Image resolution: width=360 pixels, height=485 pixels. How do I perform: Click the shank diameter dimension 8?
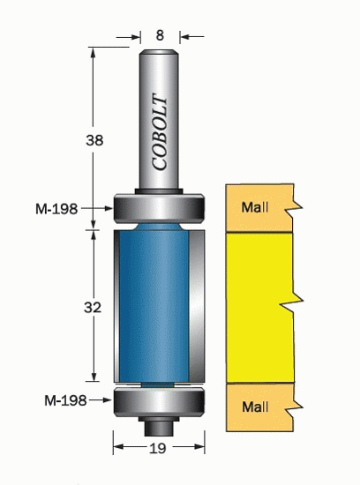[160, 35]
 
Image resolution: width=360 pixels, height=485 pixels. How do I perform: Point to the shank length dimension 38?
[94, 141]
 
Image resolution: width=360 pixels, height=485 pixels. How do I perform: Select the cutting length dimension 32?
[93, 308]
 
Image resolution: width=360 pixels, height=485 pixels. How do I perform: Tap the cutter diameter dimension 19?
[158, 448]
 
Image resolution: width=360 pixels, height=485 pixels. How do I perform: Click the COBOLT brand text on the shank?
[160, 132]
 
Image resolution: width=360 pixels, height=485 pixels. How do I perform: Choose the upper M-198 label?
[56, 209]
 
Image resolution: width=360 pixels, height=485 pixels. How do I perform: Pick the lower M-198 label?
[65, 400]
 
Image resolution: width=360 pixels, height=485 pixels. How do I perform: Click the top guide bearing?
[159, 208]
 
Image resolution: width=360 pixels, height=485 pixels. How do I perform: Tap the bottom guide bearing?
[159, 401]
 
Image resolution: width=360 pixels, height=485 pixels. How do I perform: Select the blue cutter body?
[154, 306]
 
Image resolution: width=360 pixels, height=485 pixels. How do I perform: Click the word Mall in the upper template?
[255, 207]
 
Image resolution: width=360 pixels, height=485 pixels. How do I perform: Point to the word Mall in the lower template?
[255, 407]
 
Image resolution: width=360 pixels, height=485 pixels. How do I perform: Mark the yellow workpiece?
[260, 308]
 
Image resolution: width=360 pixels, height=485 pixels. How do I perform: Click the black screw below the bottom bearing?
[159, 426]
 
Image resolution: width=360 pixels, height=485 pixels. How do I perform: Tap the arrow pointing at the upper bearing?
[96, 208]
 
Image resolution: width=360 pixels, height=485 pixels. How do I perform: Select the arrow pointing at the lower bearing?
[100, 400]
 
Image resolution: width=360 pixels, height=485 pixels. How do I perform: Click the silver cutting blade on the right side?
[197, 306]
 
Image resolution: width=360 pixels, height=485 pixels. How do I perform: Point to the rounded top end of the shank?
[159, 53]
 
